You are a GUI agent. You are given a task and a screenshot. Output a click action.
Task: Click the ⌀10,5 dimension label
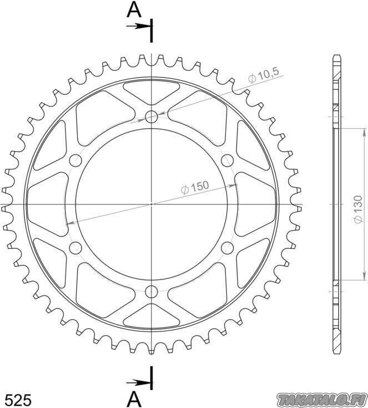(x=264, y=75)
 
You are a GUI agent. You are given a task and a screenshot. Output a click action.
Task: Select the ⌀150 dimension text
(x=195, y=187)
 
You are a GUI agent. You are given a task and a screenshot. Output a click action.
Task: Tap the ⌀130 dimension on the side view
(x=359, y=209)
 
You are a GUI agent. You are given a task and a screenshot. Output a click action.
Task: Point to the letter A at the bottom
(x=134, y=399)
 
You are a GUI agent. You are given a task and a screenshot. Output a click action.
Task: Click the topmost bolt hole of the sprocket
(x=152, y=116)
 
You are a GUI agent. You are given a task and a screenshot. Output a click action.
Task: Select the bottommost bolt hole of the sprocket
(x=152, y=292)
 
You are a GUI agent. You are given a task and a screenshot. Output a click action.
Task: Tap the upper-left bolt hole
(x=75, y=160)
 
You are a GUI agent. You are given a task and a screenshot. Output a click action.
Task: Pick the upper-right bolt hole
(x=227, y=160)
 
